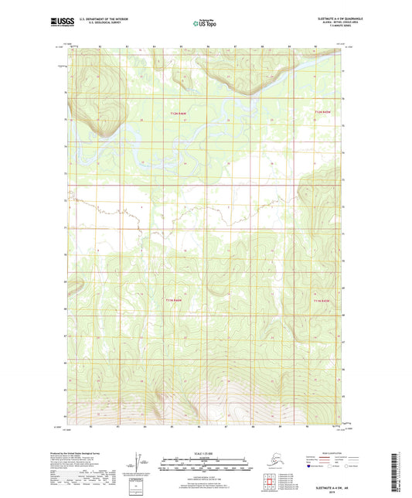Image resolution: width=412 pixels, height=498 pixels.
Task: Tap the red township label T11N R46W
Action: tap(175, 299)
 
